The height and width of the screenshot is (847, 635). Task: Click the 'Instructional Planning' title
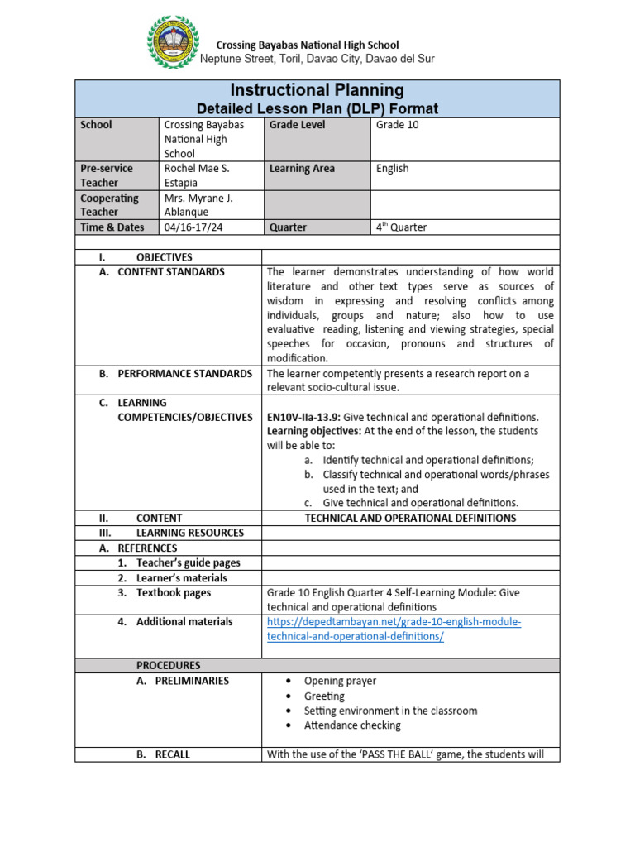[317, 90]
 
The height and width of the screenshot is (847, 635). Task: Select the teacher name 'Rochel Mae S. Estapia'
[197, 175]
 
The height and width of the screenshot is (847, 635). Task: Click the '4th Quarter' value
[401, 227]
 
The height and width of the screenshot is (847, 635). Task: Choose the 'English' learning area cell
[392, 169]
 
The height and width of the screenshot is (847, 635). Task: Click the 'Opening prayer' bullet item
[340, 681]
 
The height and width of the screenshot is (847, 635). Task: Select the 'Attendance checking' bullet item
[351, 725]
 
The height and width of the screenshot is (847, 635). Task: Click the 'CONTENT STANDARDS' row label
[170, 272]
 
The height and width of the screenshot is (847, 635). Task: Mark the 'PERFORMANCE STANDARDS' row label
[184, 374]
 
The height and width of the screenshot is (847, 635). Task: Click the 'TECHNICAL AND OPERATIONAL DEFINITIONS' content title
[410, 519]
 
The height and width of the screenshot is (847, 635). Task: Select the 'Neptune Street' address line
[317, 60]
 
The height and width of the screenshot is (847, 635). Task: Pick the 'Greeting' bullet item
[324, 696]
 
